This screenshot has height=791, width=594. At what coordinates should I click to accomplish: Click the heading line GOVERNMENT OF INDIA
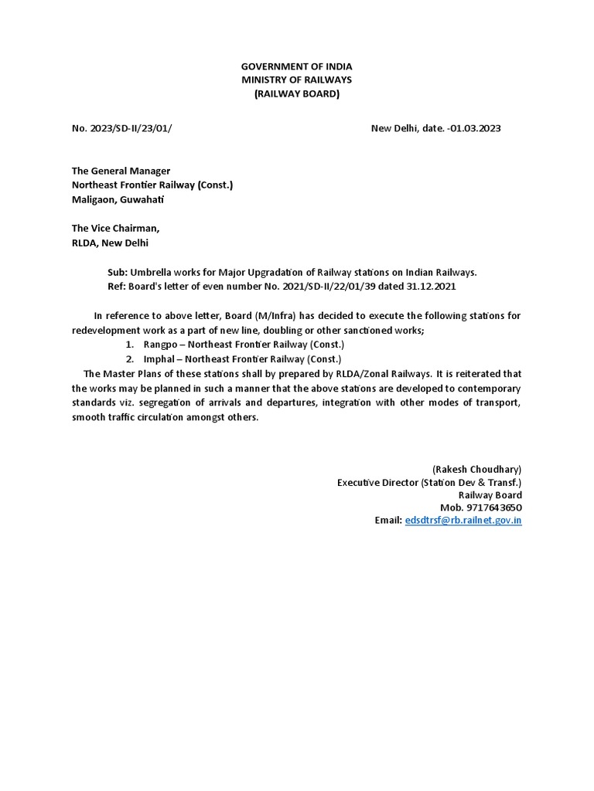click(296, 67)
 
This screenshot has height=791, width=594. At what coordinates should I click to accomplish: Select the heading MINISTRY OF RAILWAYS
click(296, 80)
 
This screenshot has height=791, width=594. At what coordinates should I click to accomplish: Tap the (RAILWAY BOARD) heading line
click(296, 94)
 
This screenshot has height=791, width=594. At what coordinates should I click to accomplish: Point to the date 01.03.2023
click(474, 128)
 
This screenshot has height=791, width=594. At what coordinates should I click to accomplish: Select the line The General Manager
click(121, 171)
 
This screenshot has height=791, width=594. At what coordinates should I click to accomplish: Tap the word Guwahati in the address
click(141, 199)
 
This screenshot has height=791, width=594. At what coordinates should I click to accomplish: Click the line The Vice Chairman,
click(116, 228)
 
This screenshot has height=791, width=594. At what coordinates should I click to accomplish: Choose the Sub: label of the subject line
click(118, 272)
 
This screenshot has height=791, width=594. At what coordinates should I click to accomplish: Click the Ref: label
click(117, 286)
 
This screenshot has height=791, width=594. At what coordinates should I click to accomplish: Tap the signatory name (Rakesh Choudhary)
click(476, 469)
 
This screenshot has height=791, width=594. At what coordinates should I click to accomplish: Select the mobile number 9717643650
click(493, 508)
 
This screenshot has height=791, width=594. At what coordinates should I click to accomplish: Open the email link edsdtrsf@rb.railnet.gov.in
click(463, 521)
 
